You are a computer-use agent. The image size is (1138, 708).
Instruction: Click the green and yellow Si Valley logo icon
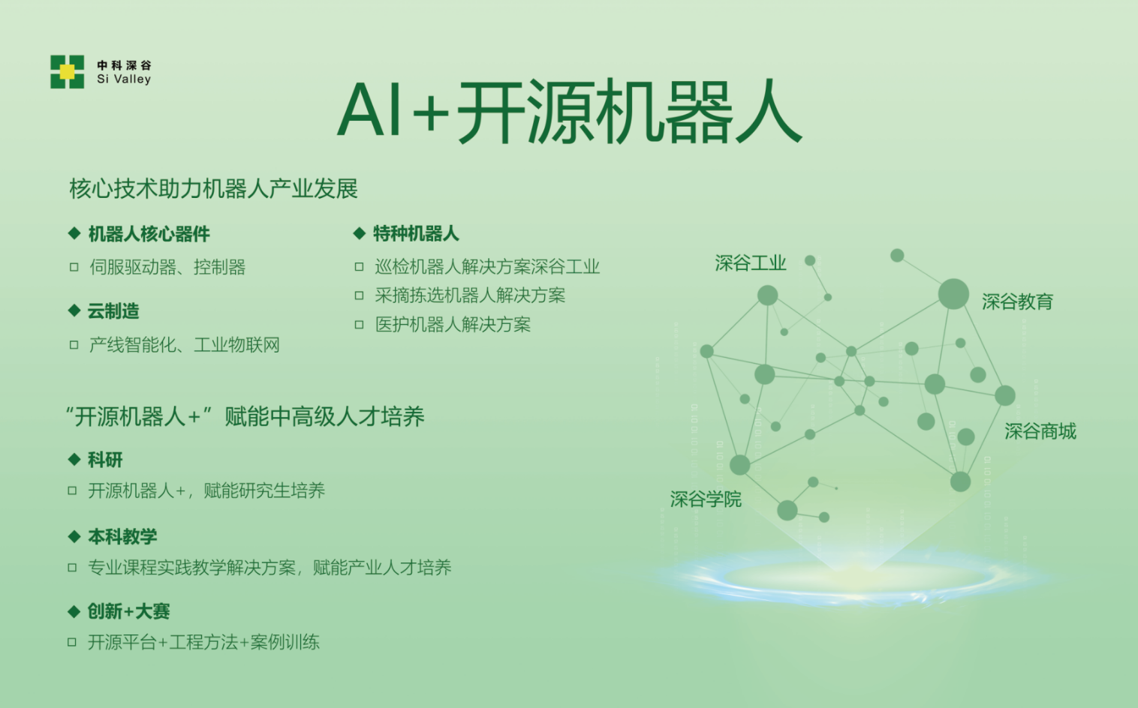(x=67, y=71)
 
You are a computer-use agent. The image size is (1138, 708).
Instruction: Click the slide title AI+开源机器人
(x=570, y=112)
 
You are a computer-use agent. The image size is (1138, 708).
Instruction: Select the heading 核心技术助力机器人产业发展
(x=213, y=189)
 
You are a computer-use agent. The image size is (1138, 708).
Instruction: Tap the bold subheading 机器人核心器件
(x=149, y=234)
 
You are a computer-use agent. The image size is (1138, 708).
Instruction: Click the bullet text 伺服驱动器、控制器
(x=167, y=267)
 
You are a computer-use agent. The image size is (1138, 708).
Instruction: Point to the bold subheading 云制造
(x=113, y=311)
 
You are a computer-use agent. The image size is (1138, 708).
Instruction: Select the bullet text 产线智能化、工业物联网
(x=185, y=345)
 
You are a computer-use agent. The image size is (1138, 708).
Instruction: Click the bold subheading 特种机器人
(x=416, y=233)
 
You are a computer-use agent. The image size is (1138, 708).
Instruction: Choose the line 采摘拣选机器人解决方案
(x=470, y=295)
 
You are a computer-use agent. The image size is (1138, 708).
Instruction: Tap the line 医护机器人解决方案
(x=453, y=324)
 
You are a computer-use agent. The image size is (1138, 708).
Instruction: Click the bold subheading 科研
(x=105, y=460)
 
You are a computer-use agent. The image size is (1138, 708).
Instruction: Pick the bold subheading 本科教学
(x=122, y=536)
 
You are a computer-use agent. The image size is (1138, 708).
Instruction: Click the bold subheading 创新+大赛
(x=128, y=611)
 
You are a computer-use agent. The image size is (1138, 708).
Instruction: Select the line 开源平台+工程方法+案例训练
(x=203, y=643)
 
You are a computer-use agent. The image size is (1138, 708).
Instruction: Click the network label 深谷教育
(x=1017, y=302)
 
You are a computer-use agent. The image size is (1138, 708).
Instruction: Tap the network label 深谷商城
(x=1040, y=431)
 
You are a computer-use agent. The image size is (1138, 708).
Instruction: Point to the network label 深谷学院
(x=706, y=499)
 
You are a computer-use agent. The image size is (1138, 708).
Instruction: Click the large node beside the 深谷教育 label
(x=953, y=294)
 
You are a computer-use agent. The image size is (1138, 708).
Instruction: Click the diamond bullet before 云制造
(x=74, y=310)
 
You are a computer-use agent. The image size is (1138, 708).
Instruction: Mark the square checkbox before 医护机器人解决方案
(x=359, y=325)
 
